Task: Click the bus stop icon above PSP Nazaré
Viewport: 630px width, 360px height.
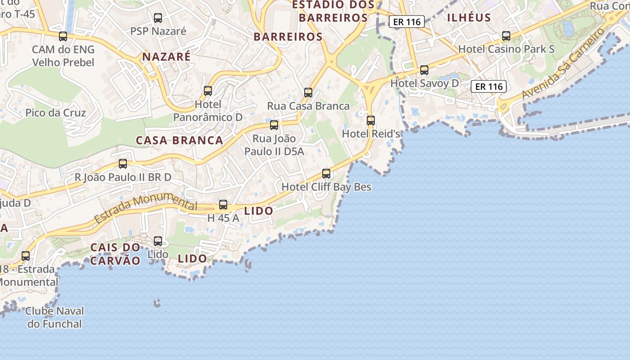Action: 158,18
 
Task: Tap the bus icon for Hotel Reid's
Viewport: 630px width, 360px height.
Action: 371,121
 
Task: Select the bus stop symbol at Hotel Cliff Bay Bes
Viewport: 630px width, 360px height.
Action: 326,174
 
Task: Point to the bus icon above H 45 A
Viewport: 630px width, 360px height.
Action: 223,205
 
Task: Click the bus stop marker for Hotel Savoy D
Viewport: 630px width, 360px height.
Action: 424,70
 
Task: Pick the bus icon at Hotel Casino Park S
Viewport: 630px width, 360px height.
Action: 506,36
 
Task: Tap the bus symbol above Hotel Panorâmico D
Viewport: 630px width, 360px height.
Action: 208,91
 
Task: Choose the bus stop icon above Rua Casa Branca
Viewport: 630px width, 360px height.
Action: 308,93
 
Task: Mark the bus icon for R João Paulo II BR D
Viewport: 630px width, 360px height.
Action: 123,164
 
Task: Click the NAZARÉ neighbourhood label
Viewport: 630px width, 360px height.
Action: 166,57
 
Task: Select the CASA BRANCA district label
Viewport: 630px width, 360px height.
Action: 180,140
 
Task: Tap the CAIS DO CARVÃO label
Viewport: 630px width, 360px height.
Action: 116,254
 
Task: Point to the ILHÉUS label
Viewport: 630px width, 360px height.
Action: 469,18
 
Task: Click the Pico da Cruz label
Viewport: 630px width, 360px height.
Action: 56,112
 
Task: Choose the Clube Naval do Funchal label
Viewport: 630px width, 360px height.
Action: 54,317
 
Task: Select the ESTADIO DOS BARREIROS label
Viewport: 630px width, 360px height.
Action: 333,11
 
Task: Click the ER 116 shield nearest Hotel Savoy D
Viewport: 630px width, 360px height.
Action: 489,86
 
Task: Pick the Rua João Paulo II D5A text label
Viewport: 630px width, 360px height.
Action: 274,145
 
